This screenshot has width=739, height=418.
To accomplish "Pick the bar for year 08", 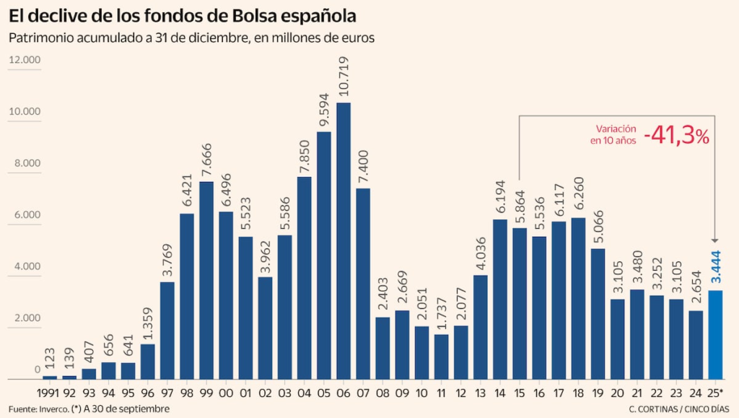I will [382, 348].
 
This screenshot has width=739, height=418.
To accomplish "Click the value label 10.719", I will [344, 77].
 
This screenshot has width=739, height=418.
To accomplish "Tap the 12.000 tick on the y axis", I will [25, 60].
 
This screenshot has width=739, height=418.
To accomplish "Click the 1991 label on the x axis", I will [49, 393].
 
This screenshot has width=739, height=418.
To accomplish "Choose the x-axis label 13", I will [481, 393].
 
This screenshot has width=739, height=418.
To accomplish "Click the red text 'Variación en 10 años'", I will [613, 135].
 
